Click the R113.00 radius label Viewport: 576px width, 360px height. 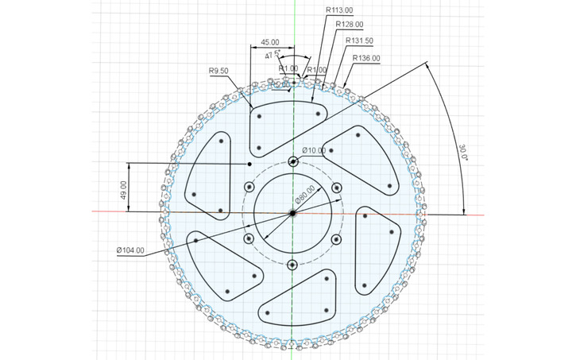coord(339,10)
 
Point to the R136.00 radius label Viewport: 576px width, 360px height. coord(366,58)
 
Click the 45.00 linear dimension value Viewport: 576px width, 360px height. coord(270,41)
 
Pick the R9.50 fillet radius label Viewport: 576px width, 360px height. coord(218,72)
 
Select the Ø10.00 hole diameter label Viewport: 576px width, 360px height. coord(315,151)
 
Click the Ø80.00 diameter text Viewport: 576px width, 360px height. coord(306,195)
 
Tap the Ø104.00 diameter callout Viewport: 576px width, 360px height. coord(130,250)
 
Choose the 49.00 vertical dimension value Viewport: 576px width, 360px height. coord(124,188)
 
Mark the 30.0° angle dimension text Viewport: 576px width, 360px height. coord(464,152)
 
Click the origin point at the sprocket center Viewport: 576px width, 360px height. coord(292,213)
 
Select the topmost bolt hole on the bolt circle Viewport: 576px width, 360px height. coord(293,162)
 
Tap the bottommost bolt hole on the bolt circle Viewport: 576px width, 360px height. coord(292,264)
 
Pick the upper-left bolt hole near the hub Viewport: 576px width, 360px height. coord(249,188)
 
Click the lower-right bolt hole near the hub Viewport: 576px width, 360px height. coord(336,238)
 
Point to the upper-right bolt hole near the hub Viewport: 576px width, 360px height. coord(336,188)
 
